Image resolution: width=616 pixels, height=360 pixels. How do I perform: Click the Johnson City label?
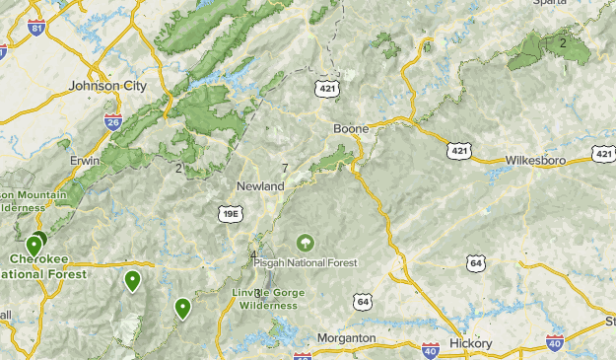click(x=107, y=86)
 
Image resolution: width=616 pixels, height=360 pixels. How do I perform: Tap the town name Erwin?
click(x=86, y=160)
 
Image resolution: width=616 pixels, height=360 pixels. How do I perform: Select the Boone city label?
click(x=351, y=129)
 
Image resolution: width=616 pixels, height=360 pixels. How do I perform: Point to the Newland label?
click(x=260, y=185)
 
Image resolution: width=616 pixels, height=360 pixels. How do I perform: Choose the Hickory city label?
click(x=470, y=342)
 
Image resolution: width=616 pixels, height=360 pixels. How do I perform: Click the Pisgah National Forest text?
click(x=306, y=262)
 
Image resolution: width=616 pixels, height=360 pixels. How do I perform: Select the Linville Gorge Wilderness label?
click(x=268, y=299)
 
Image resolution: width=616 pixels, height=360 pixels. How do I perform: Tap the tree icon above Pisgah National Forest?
click(x=306, y=242)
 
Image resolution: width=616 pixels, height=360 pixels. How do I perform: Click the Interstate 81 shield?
click(x=37, y=29)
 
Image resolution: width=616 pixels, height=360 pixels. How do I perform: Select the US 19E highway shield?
click(x=230, y=211)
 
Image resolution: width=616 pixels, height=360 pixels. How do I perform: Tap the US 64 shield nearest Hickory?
click(x=477, y=262)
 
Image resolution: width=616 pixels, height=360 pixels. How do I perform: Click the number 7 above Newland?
click(x=285, y=169)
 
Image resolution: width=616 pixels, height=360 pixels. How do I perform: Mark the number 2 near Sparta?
click(x=563, y=42)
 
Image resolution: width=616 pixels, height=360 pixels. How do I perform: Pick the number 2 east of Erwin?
click(x=179, y=168)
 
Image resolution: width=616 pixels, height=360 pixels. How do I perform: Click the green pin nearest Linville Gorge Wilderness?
click(x=182, y=309)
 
